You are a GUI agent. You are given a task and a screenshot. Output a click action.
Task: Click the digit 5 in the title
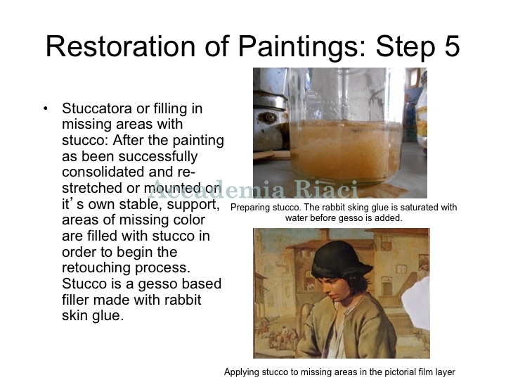coord(448,46)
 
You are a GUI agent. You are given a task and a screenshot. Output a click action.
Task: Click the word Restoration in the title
coord(121,46)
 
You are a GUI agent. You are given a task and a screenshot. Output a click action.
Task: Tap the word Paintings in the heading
coord(302,47)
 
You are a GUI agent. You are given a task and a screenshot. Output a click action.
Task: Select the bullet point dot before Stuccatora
coord(45,108)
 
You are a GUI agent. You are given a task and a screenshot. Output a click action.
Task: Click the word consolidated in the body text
coord(103,172)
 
